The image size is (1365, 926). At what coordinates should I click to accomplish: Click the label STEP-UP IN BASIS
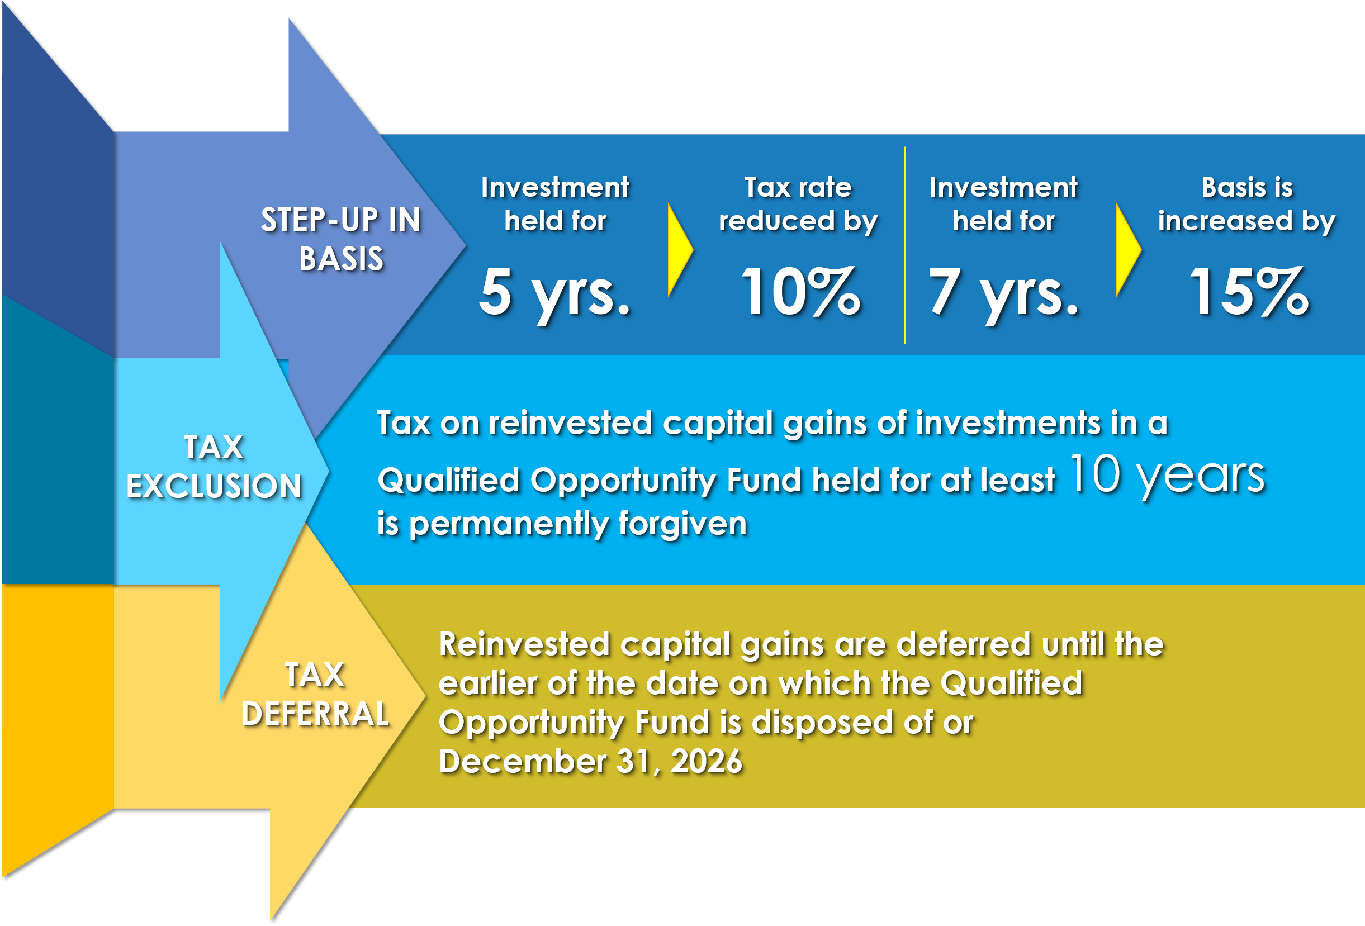tap(340, 239)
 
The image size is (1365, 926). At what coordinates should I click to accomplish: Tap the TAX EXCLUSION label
tap(214, 466)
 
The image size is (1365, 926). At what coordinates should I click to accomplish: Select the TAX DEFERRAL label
tap(315, 694)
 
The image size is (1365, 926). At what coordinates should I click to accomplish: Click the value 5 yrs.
tap(554, 292)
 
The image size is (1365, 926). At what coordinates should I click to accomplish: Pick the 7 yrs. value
tap(1003, 292)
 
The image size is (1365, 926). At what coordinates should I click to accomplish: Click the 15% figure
tap(1249, 291)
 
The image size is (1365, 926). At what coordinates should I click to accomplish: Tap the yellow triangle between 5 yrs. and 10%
tap(680, 250)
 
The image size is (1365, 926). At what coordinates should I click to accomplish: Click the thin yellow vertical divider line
tap(905, 245)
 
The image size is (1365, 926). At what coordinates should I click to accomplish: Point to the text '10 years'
tap(1167, 476)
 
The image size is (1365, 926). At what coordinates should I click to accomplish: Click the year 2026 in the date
tap(707, 761)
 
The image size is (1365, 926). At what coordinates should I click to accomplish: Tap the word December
tap(523, 761)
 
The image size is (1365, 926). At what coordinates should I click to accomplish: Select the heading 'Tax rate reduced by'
tap(798, 205)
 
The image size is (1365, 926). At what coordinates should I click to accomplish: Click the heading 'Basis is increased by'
tap(1247, 205)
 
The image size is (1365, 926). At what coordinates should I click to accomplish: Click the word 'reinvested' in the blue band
tap(570, 423)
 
